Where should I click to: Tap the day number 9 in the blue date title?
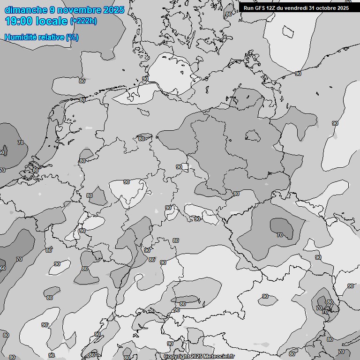pyautogui.click(x=52, y=10)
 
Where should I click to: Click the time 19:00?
pyautogui.click(x=19, y=21)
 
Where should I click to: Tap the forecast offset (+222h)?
pyautogui.click(x=83, y=21)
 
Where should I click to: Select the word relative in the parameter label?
pyautogui.click(x=49, y=37)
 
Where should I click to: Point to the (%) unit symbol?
pyautogui.click(x=72, y=37)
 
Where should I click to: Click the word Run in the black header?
pyautogui.click(x=248, y=7)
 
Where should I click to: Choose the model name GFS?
pyautogui.click(x=260, y=7)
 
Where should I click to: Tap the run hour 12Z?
pyautogui.click(x=272, y=7)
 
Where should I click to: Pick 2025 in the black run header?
pyautogui.click(x=343, y=7)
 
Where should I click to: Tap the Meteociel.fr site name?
pyautogui.click(x=218, y=357)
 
